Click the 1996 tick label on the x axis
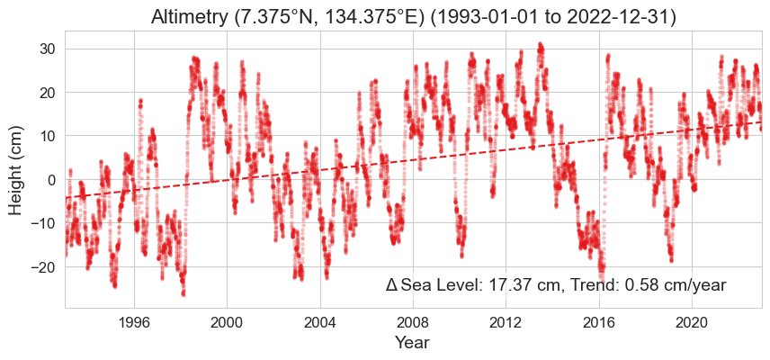(x=134, y=322)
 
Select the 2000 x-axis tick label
(x=227, y=322)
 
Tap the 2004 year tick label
(x=320, y=322)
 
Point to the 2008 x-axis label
(x=413, y=322)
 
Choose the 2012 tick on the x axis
(x=506, y=322)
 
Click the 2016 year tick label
(x=599, y=322)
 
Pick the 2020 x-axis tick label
(x=692, y=322)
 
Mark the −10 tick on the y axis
(x=42, y=223)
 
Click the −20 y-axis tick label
(x=42, y=267)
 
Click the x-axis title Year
(x=413, y=343)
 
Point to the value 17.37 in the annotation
(x=509, y=285)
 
